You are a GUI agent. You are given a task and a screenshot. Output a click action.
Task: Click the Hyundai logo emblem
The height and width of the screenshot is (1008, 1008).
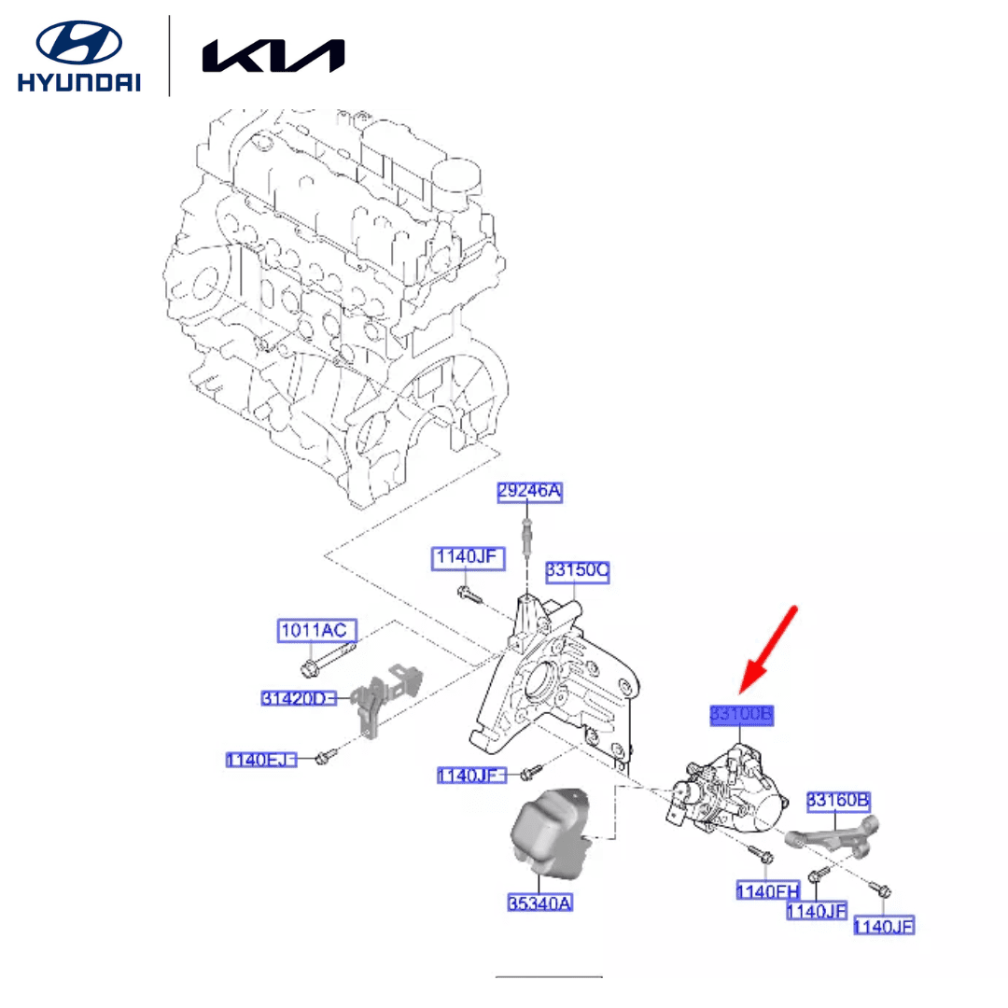(x=78, y=44)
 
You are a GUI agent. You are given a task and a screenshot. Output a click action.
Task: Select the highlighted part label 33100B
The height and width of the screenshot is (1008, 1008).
(x=742, y=715)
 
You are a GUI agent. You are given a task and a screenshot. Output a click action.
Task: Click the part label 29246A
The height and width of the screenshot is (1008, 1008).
(x=529, y=492)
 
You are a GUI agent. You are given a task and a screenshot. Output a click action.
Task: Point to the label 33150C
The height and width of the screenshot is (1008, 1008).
(x=578, y=569)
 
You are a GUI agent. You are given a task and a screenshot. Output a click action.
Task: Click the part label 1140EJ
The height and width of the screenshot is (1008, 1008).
(x=260, y=761)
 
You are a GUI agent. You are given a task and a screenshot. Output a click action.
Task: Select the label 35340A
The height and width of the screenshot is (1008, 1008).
(x=540, y=903)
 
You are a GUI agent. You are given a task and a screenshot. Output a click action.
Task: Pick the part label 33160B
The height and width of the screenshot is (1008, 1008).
(x=838, y=800)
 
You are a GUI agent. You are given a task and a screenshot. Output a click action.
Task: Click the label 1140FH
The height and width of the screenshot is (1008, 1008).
(x=768, y=889)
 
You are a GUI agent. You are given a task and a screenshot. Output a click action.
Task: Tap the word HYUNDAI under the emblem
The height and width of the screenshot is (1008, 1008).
(x=78, y=82)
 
